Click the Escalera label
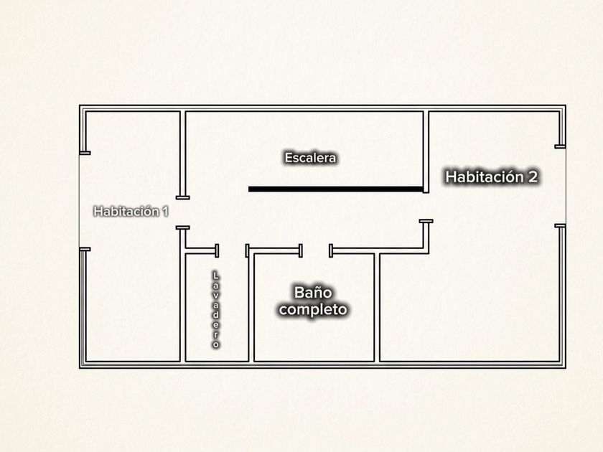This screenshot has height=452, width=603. coord(310,158)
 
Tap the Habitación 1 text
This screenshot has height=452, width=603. coord(131,212)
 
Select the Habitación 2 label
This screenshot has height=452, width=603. coord(491,176)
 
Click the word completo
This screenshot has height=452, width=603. coord(313,309)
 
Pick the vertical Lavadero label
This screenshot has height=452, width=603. coord(216,309)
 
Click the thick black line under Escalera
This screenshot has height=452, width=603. coord(336,189)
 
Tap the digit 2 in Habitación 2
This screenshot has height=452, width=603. coord(533,176)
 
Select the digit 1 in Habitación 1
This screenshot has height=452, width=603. coord(165,212)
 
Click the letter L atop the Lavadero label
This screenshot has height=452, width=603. coord(216,276)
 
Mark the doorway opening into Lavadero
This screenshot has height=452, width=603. coord(232,250)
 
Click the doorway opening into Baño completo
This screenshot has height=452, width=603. coord(316,250)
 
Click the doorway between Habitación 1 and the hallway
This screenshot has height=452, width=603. coord(182,212)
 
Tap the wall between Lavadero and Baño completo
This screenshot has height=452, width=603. coord(251,307)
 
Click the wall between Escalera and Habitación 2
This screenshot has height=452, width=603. coord(426,152)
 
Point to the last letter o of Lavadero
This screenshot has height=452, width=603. coord(216,345)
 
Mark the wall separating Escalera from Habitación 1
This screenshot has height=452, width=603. coord(182,154)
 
